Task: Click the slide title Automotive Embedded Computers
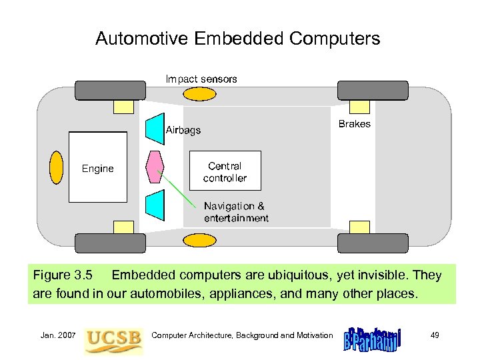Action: tap(237, 39)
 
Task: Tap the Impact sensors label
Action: tap(201, 79)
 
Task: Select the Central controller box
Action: tap(225, 172)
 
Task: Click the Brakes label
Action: tap(354, 124)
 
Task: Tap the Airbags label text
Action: tap(183, 130)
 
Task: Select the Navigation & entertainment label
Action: tap(236, 212)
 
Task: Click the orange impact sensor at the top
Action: tap(200, 93)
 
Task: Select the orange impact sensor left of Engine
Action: tap(57, 167)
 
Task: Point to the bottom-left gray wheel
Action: tap(110, 243)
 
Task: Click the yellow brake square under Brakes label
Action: tap(361, 106)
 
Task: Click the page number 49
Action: tap(435, 335)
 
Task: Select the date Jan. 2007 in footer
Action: tap(55, 335)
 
